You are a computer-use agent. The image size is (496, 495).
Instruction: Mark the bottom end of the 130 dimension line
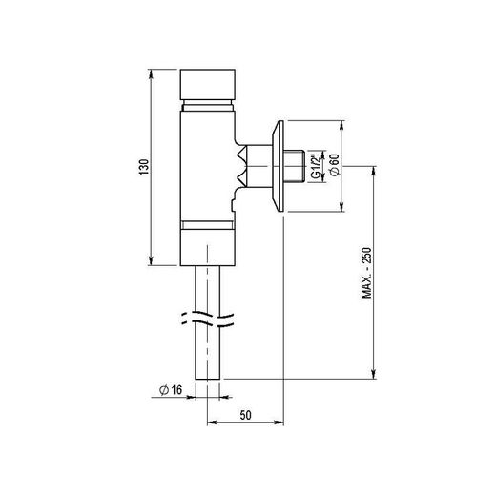pos(152,265)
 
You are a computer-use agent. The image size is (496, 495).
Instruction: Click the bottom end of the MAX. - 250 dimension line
pos(373,380)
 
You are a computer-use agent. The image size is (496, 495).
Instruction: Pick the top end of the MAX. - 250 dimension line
pos(373,168)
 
